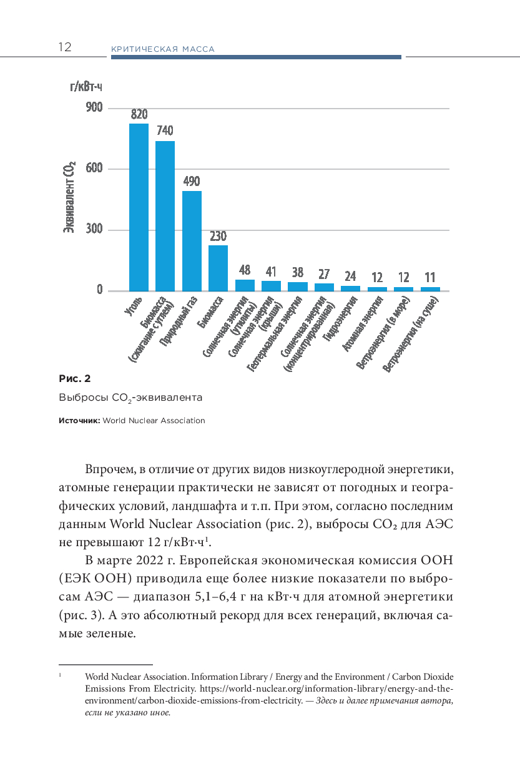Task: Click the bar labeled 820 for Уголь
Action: coord(139,207)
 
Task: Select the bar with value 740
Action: coord(165,216)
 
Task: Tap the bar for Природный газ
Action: coord(192,241)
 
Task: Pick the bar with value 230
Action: coord(218,268)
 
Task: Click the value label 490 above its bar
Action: coord(192,182)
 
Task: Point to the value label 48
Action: coord(245,270)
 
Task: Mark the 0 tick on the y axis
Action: coord(99,290)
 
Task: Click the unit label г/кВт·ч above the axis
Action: coord(86,87)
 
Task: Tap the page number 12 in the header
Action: coord(65,47)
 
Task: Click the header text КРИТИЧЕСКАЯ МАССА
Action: coord(162,49)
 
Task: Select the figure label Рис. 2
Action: coord(74,378)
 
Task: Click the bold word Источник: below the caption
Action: coord(79,421)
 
